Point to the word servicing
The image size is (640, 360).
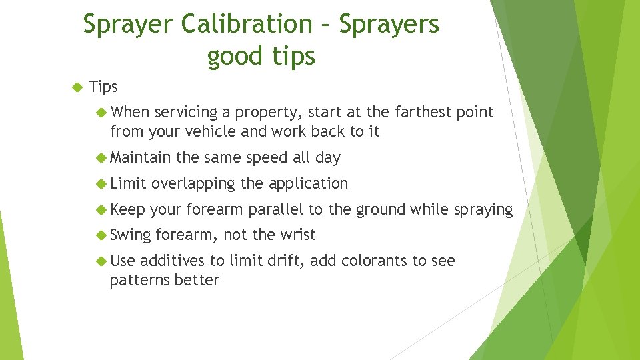click(x=190, y=113)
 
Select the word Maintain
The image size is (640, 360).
click(x=141, y=158)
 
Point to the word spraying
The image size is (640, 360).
click(x=483, y=211)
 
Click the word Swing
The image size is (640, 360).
click(x=131, y=235)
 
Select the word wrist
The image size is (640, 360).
click(x=297, y=235)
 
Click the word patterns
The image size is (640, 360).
click(x=139, y=281)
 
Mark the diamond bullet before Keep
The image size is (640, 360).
click(x=102, y=209)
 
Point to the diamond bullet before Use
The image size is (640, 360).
click(x=102, y=261)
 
